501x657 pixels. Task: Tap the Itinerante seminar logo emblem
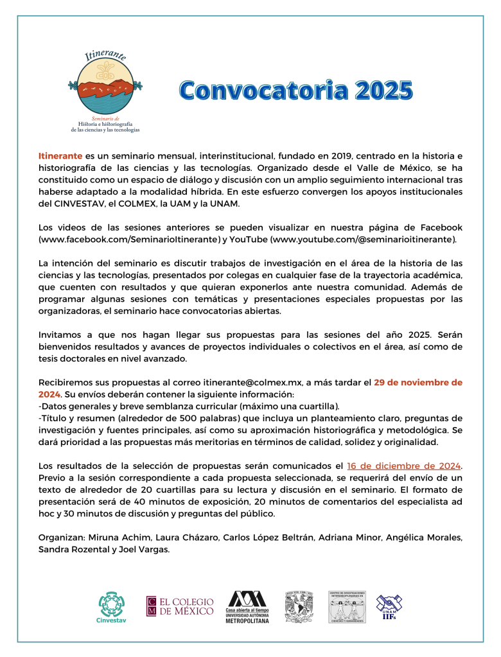click(x=105, y=87)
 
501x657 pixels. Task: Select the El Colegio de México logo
click(x=180, y=607)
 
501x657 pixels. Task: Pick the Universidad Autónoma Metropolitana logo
click(x=247, y=607)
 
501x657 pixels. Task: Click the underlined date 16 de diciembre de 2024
click(x=404, y=466)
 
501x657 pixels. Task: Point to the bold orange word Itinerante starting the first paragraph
click(x=60, y=156)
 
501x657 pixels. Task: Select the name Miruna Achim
click(x=114, y=538)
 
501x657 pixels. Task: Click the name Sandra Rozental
click(x=69, y=549)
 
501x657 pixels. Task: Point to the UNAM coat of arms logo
click(x=298, y=607)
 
